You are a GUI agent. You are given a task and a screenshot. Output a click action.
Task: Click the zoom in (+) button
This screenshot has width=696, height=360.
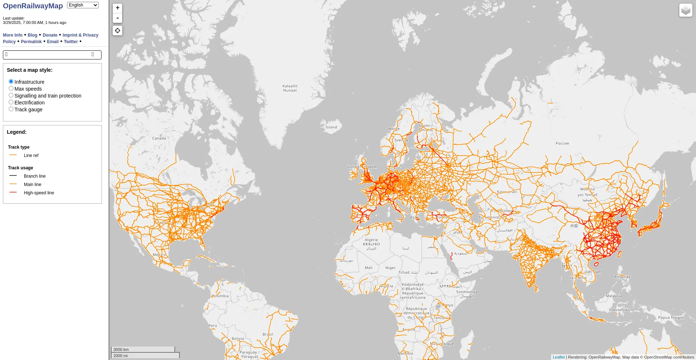[117, 8]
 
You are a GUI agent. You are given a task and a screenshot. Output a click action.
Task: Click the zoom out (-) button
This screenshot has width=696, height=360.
[117, 18]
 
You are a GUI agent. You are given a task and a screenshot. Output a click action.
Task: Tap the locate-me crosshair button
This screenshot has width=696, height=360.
[117, 30]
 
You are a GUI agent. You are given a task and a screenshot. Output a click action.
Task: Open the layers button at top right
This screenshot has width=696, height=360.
[685, 11]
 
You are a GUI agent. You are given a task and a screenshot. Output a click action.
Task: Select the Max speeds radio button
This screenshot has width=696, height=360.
[11, 88]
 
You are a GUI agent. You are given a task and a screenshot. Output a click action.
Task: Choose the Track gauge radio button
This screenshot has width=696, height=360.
[11, 109]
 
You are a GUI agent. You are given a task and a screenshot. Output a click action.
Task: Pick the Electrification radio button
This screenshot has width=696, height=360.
[11, 102]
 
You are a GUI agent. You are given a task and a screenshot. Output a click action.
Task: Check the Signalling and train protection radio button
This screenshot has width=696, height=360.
[11, 95]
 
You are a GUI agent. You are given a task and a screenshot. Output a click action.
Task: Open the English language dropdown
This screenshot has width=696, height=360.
[83, 5]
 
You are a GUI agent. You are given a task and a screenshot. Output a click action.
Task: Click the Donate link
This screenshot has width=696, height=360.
[50, 35]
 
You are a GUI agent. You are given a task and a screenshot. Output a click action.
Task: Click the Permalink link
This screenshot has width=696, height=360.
[31, 42]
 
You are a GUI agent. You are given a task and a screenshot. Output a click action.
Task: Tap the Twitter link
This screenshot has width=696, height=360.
[71, 42]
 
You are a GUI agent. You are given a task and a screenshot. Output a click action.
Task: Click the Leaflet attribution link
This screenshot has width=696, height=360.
[559, 357]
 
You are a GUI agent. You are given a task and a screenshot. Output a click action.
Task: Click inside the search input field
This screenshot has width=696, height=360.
[49, 55]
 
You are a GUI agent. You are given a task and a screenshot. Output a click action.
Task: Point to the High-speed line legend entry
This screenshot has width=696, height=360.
[39, 193]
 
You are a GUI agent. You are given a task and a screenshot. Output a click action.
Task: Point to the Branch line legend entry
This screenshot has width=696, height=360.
[34, 176]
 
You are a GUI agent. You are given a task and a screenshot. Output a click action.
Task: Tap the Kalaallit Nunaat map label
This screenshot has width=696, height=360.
[290, 88]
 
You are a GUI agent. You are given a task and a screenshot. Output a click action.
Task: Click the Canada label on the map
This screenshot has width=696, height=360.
[159, 138]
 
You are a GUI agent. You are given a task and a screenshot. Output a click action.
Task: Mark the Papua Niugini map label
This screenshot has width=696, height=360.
[671, 318]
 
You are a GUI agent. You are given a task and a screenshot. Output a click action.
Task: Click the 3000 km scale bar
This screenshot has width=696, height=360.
[143, 349]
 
